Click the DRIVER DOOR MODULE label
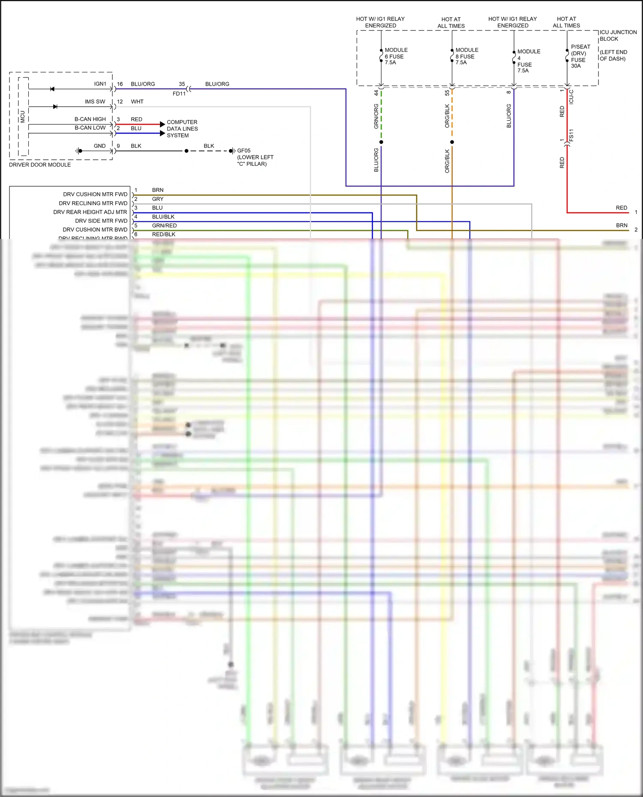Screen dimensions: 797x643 coord(40,164)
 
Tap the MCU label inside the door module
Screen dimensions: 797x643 coord(23,116)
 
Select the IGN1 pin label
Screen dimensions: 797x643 coord(100,84)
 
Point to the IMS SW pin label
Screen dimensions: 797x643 coord(95,101)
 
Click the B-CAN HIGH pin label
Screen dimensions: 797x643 coord(90,119)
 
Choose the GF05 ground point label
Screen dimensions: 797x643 coord(244,151)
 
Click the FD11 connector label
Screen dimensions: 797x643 coord(179,94)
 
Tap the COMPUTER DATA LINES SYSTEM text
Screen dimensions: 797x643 coord(182,128)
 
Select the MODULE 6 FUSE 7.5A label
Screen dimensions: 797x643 coord(396,56)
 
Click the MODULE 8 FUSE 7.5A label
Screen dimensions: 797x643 coord(466,56)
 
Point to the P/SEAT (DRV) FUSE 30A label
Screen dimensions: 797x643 coord(580,56)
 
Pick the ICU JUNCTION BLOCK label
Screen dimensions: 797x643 coord(618,36)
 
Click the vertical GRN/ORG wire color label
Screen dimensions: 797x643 coord(376,116)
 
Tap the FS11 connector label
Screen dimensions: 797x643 coord(571,135)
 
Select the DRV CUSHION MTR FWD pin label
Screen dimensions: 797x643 coord(95,194)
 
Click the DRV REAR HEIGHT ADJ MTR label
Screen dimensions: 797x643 coord(90,212)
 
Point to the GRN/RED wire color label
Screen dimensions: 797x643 coord(164,226)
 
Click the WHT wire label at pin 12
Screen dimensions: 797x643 coord(137,101)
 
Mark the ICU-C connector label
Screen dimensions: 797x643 coord(571,97)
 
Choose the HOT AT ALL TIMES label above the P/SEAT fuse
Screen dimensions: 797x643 coord(566,22)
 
